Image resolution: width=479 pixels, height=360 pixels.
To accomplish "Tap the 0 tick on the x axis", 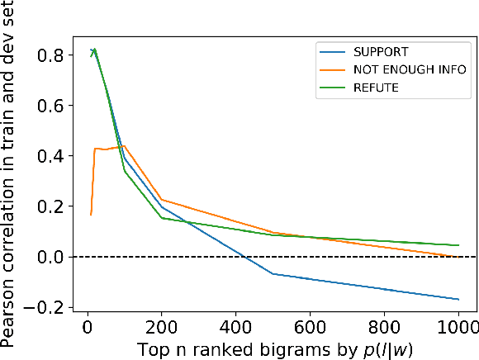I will coord(88,327).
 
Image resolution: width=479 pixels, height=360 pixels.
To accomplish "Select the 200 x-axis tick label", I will coord(162,327).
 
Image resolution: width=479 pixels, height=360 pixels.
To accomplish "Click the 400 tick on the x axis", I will coord(236,327).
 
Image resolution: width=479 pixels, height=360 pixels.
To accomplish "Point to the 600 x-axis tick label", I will coord(311,327).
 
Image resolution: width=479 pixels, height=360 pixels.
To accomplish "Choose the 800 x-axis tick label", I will coord(385,327).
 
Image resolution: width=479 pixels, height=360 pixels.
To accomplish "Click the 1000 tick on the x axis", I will coord(458,327).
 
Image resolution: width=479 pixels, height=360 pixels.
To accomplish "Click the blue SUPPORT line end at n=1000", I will coord(458,300).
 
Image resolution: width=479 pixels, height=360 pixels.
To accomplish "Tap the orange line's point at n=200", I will coord(162,200).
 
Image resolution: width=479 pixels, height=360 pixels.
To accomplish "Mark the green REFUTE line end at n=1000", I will coord(458,245).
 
